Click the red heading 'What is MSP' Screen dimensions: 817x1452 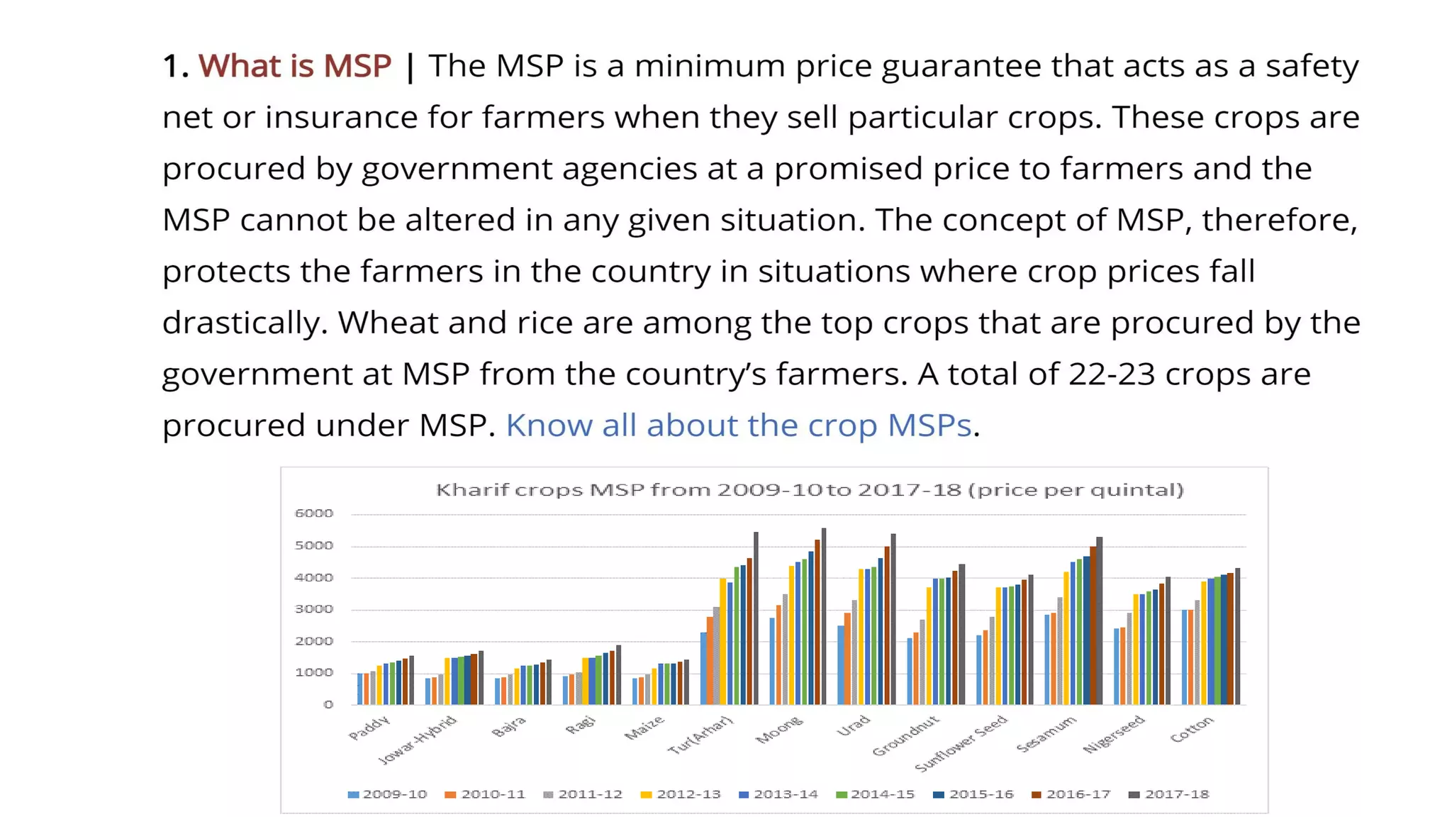pyautogui.click(x=294, y=66)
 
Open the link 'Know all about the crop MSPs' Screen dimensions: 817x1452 pyautogui.click(x=737, y=426)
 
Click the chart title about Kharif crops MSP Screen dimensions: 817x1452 pyautogui.click(x=809, y=490)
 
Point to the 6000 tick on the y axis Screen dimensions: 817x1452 pyautogui.click(x=313, y=513)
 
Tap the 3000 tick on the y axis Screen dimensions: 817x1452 pyautogui.click(x=313, y=609)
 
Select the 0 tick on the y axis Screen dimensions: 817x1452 pyautogui.click(x=328, y=704)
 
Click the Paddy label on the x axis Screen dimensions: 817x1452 pyautogui.click(x=369, y=728)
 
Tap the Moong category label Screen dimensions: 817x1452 pyautogui.click(x=778, y=730)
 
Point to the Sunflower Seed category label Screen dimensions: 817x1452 pyautogui.click(x=961, y=743)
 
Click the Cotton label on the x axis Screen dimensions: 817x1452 pyautogui.click(x=1191, y=729)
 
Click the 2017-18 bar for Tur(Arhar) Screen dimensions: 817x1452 pyautogui.click(x=756, y=618)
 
